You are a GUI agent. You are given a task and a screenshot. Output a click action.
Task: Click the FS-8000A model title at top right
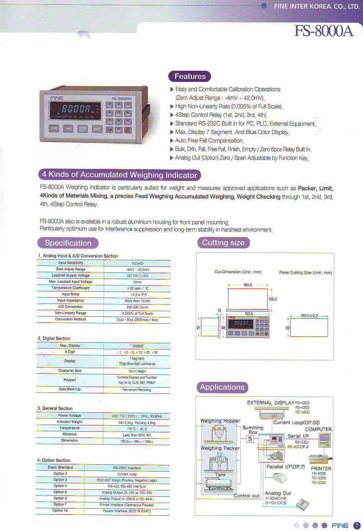[x=324, y=31]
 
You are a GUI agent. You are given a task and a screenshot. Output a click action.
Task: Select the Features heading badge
[x=190, y=76]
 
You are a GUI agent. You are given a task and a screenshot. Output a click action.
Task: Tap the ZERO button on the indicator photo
[x=54, y=128]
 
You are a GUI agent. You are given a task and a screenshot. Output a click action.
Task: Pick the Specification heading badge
[x=68, y=243]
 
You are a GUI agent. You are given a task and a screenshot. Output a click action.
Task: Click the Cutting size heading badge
[x=223, y=243]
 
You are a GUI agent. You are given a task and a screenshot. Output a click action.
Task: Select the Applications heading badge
[x=222, y=387]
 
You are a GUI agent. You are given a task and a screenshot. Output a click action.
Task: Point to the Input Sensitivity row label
[x=70, y=263]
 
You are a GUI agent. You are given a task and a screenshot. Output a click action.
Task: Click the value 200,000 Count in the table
[x=137, y=307]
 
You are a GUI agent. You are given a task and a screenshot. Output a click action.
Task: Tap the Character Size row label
[x=70, y=371]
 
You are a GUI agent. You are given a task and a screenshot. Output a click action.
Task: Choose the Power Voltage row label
[x=70, y=416]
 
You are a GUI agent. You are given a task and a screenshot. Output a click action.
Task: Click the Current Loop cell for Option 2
[x=127, y=474]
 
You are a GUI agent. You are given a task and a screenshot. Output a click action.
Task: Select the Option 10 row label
[x=60, y=510]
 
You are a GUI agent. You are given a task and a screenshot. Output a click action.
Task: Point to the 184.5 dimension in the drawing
[x=248, y=285]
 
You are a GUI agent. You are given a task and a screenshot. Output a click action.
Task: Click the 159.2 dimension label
[x=272, y=299]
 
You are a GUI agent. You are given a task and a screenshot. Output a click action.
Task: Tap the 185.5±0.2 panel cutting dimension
[x=309, y=316]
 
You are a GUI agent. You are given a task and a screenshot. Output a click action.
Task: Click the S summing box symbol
[x=250, y=439]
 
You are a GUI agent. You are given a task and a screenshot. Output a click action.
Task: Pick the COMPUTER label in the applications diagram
[x=318, y=429]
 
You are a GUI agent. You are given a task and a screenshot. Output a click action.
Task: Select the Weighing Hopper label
[x=220, y=421]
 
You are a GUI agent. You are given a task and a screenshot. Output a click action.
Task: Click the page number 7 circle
[x=357, y=525]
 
